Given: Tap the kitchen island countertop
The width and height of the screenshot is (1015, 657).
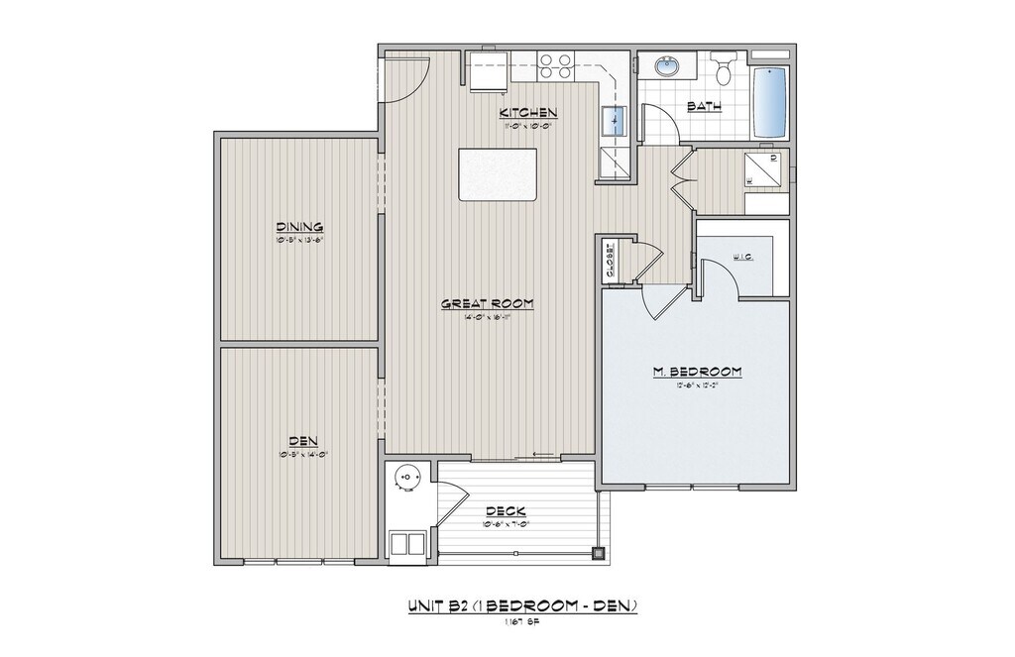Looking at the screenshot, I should pos(498,174).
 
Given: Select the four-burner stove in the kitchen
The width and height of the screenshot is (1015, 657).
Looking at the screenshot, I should pos(555,66).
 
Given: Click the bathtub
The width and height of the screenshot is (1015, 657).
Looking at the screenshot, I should pos(769,104).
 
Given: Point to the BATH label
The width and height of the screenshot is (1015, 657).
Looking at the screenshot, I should pos(704,106).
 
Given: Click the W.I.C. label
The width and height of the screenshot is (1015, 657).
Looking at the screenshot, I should pos(743,257).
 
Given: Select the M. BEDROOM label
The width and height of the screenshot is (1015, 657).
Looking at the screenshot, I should pos(697,372).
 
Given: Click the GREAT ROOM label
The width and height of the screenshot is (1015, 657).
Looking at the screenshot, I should pos(488,303).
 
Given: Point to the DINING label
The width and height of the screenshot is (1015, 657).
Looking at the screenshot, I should pos(299,226).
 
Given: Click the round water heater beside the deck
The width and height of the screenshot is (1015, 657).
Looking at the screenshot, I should pos(406,478).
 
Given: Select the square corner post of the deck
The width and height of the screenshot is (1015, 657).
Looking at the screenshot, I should pos(598,553).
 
